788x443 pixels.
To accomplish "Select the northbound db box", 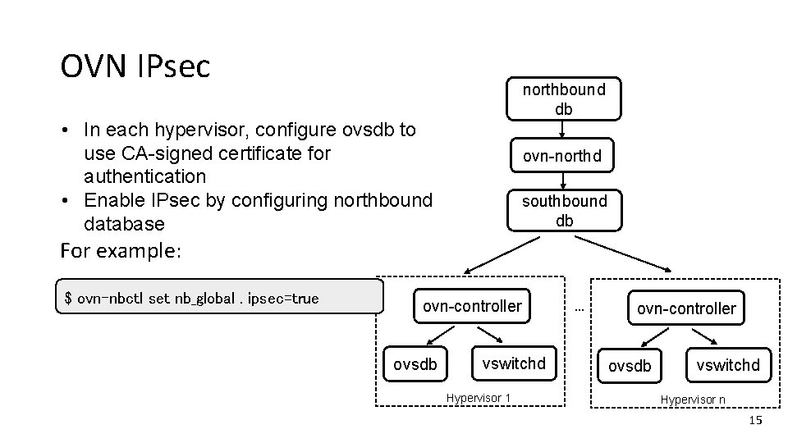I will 563,98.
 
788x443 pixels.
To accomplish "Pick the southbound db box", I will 565,210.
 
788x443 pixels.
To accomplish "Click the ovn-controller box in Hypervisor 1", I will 472,306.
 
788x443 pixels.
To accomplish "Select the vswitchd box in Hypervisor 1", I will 513,363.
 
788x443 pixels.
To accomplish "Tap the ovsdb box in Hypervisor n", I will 630,366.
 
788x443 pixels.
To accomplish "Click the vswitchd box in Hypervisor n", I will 728,365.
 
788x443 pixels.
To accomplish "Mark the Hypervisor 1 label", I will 478,398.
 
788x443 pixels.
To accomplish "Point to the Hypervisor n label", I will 693,400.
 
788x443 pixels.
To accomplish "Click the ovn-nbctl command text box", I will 219,298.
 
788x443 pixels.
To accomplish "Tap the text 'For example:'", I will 120,249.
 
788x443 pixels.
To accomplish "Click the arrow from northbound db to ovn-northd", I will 562,129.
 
